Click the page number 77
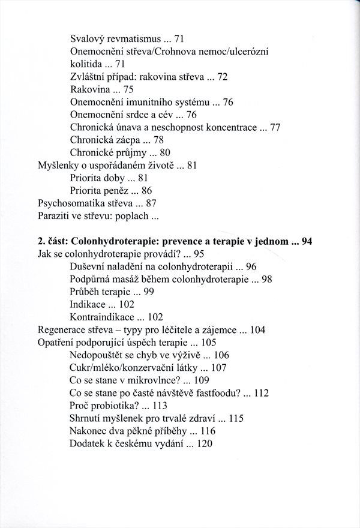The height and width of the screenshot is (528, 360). [275, 127]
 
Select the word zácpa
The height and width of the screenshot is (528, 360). [132, 140]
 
